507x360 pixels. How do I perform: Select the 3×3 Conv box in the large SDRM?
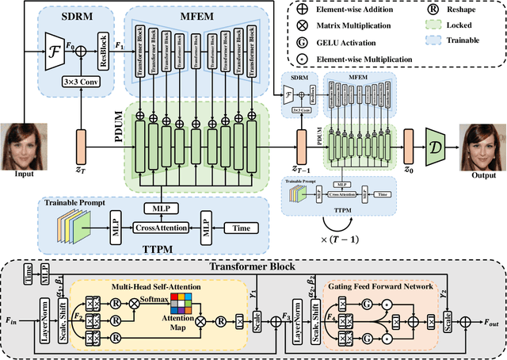tap(80, 79)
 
